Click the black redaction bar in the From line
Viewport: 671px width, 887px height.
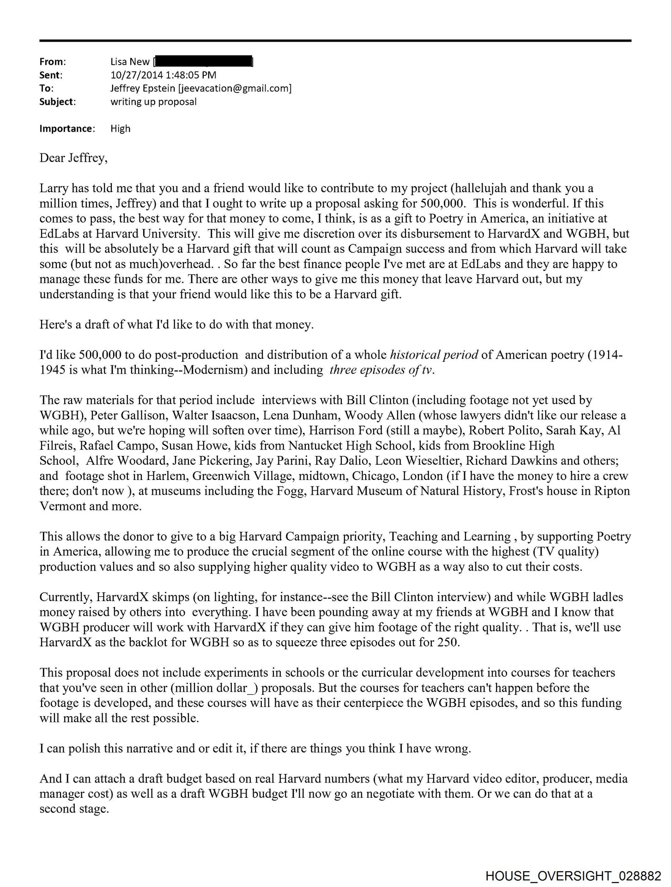click(x=203, y=61)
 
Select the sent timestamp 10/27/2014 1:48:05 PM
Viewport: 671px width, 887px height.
click(x=163, y=75)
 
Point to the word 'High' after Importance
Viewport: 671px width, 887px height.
click(x=120, y=128)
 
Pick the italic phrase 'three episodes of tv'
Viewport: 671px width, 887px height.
click(x=381, y=370)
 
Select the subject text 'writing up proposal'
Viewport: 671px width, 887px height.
click(x=153, y=102)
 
